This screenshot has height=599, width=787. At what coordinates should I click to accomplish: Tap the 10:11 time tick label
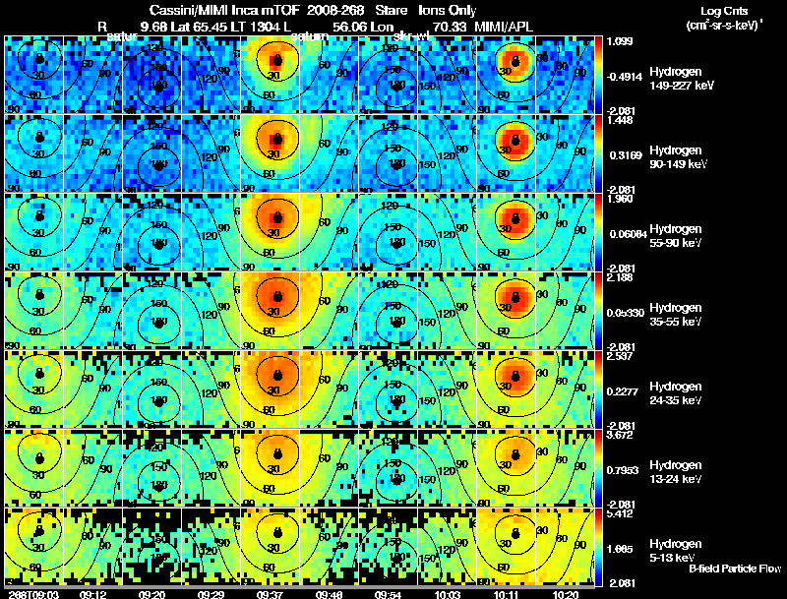[x=511, y=594]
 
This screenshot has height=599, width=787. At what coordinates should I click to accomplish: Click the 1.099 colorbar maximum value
[x=620, y=40]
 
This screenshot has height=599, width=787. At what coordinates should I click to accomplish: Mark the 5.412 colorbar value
[x=620, y=512]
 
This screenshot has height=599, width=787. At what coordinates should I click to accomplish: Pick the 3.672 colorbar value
[x=620, y=434]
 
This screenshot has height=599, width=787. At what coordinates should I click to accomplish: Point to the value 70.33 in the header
[x=451, y=25]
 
